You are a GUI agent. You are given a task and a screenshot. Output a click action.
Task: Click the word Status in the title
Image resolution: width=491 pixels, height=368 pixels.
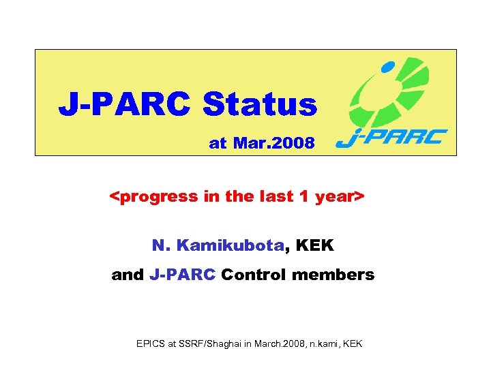click(260, 105)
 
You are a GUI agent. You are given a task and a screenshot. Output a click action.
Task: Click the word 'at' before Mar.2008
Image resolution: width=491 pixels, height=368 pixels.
click(218, 143)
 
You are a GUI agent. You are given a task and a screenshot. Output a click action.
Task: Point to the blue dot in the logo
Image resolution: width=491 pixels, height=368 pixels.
click(387, 67)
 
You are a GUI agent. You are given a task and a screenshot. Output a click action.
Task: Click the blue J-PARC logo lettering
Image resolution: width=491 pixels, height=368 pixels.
click(391, 138)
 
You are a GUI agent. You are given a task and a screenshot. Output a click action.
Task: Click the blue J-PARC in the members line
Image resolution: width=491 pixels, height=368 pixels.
click(182, 275)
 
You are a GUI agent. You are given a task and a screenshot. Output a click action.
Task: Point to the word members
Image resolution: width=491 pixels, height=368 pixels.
click(337, 275)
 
